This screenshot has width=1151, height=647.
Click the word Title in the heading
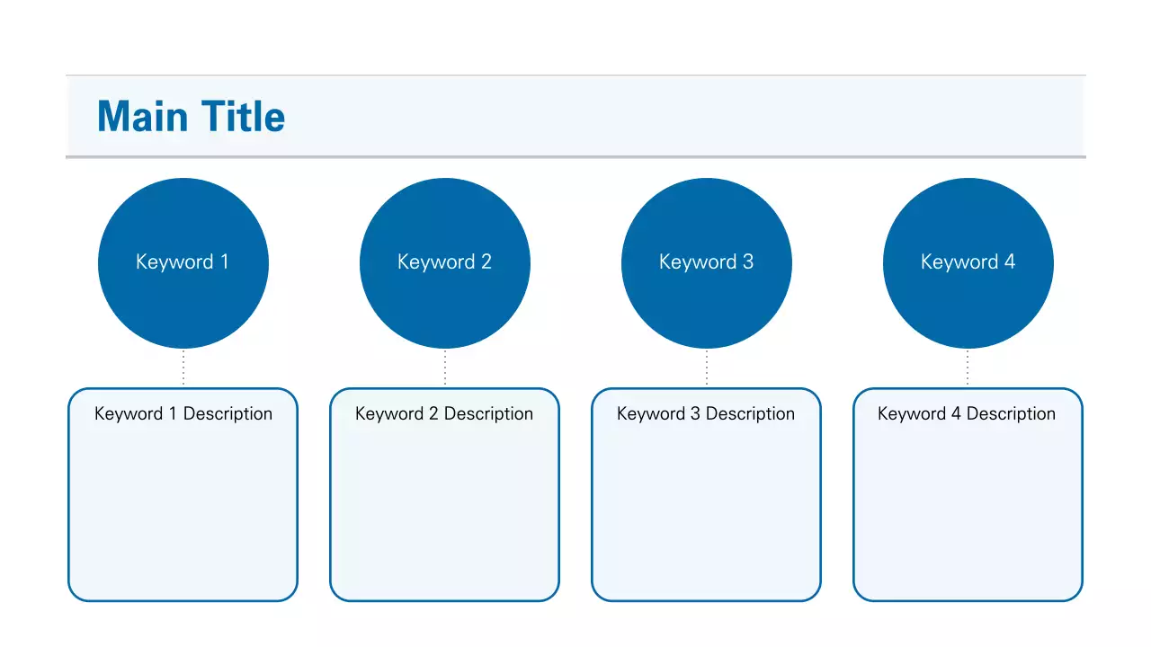(243, 117)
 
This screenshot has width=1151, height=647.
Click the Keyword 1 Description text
(183, 413)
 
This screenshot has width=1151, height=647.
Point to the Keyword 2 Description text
(444, 413)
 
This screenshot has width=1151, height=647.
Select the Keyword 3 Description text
(706, 413)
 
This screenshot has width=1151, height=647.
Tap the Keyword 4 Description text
(967, 413)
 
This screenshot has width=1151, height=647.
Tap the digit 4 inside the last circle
(1010, 261)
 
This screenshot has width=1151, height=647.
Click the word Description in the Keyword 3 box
(750, 413)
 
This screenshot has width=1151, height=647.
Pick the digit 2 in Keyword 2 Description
(433, 413)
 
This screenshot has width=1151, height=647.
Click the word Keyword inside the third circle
(698, 261)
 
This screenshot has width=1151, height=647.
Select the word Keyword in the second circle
(436, 261)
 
